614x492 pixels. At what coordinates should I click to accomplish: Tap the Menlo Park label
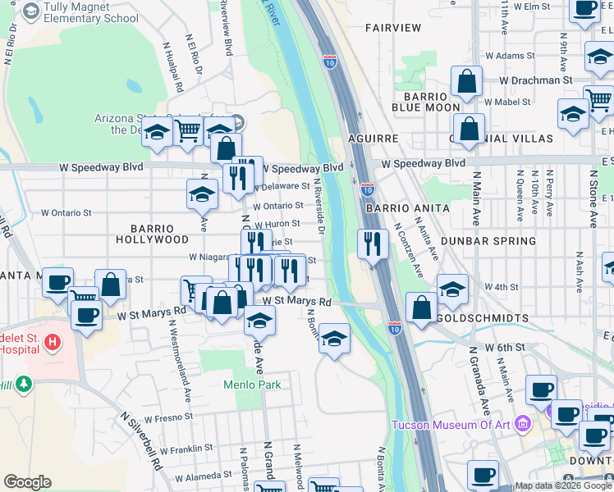(x=252, y=385)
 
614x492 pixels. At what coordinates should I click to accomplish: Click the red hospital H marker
(x=53, y=341)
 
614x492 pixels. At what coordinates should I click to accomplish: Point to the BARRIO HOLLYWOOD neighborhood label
(x=161, y=234)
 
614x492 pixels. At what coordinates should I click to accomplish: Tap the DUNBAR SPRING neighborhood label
(x=488, y=241)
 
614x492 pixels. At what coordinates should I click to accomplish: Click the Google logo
(x=27, y=482)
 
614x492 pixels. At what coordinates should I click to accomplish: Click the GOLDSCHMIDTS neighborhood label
(x=477, y=317)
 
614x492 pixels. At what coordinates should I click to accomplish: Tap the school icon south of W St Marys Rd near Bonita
(x=333, y=338)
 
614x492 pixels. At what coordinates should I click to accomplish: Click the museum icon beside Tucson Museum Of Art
(x=526, y=425)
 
